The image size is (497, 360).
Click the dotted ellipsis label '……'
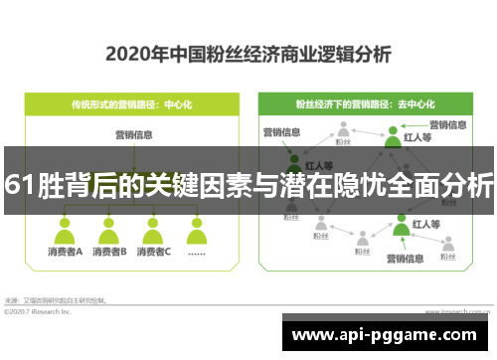(197, 253)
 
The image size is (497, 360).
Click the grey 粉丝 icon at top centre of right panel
(344, 128)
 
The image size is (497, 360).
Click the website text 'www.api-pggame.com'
(390, 335)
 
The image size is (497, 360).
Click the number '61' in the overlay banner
(16, 184)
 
